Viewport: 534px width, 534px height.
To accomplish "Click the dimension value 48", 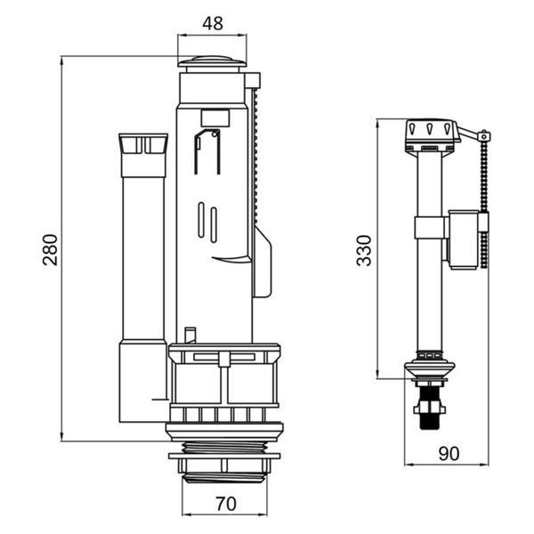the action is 213,23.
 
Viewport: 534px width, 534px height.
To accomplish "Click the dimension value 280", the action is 50,249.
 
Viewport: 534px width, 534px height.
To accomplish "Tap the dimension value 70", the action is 226,504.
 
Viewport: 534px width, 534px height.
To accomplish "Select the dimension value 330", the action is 363,250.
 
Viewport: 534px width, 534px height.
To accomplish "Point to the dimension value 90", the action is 449,453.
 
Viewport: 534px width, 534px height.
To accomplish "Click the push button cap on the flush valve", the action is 212,62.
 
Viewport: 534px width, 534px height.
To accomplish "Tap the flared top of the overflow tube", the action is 143,143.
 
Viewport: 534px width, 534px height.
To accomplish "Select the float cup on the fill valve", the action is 464,239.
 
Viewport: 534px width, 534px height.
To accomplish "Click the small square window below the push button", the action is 214,117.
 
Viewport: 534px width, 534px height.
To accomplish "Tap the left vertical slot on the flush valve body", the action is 201,220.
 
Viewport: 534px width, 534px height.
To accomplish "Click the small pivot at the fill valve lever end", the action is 483,136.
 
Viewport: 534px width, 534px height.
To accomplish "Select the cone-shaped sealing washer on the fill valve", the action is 430,368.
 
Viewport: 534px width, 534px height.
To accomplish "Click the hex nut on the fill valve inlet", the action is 430,408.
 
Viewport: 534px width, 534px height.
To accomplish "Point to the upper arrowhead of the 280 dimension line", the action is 62,61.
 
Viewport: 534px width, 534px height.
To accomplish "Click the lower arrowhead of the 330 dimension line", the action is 378,373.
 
